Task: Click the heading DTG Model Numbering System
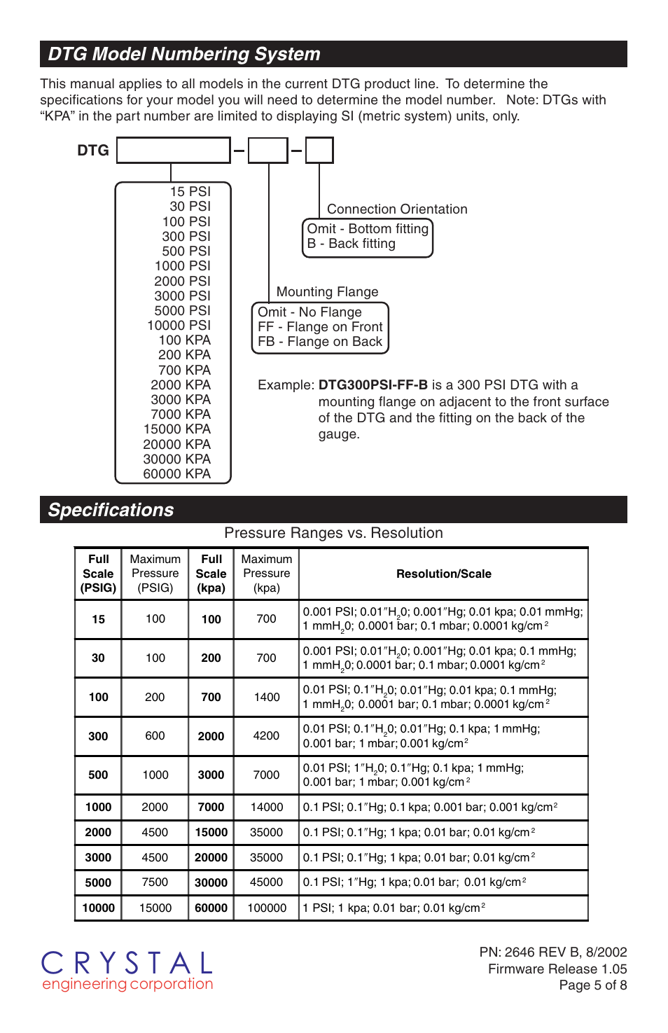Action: [184, 54]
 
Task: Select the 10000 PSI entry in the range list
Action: [179, 326]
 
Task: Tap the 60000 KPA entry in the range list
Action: [176, 474]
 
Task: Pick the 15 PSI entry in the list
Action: [190, 192]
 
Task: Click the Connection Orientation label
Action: [397, 209]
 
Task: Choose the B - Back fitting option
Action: [352, 244]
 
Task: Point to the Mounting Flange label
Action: [327, 292]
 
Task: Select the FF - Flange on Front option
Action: [320, 327]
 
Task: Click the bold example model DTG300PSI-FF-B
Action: [373, 385]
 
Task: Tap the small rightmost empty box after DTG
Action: [319, 151]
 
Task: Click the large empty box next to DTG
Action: [174, 151]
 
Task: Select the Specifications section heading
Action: [111, 510]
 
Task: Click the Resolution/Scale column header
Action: [443, 574]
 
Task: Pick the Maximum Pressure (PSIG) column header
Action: [155, 574]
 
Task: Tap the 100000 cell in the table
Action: [267, 908]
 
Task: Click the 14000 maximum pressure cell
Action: [267, 807]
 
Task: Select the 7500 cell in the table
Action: [155, 882]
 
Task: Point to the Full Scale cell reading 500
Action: [98, 775]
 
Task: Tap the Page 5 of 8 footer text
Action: [592, 985]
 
